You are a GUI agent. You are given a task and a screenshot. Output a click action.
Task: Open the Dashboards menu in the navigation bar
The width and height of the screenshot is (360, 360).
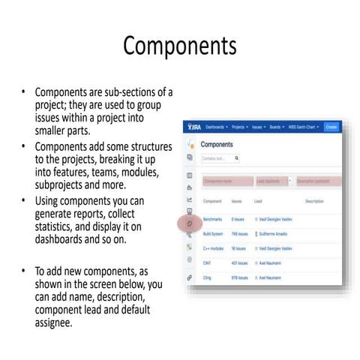pos(217,127)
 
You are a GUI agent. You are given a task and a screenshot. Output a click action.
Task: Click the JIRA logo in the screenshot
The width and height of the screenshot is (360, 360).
pos(194,127)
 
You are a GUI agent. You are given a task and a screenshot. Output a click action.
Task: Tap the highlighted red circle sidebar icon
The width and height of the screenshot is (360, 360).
pos(190,224)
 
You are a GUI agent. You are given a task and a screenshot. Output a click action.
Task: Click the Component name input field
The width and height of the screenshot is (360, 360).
pos(226,181)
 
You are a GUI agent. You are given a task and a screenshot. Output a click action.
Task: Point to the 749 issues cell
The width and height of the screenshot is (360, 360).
pos(240,233)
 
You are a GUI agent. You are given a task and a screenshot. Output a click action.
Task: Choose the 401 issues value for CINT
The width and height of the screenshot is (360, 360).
pos(240,262)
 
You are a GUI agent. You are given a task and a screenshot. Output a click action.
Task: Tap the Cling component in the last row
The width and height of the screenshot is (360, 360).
pos(209,277)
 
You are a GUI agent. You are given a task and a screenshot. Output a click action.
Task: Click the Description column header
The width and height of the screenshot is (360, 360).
pos(314,202)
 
